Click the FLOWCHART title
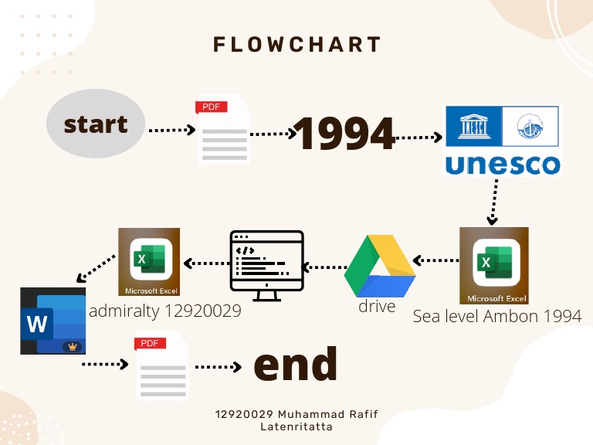[297, 44]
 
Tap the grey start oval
[96, 124]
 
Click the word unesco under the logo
[502, 164]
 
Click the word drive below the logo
[377, 307]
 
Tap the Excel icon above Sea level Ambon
[494, 265]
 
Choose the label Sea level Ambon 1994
[497, 316]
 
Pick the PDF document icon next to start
[224, 129]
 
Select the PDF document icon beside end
[162, 365]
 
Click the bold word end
[296, 363]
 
